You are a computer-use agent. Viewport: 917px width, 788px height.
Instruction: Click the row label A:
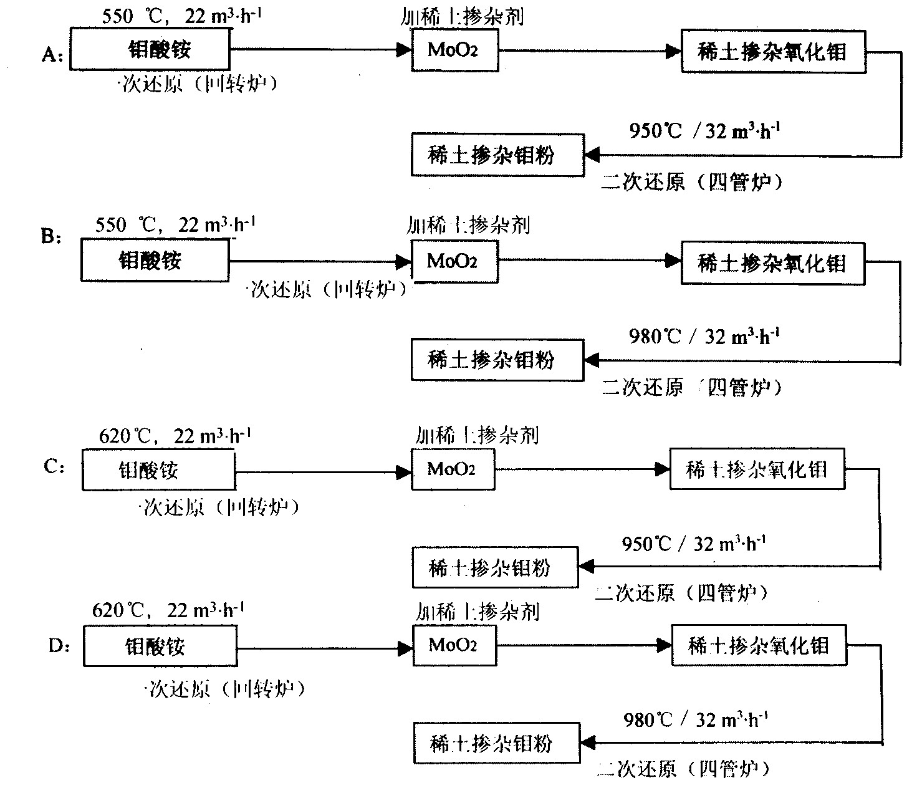click(52, 56)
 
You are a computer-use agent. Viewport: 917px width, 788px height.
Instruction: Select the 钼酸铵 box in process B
click(154, 260)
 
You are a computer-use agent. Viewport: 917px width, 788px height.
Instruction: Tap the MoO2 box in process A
click(454, 50)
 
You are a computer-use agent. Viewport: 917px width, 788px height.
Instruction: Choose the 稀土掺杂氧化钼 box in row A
click(773, 52)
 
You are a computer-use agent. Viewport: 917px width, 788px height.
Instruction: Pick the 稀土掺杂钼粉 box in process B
click(497, 360)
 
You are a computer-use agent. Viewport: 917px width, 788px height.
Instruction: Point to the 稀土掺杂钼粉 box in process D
click(497, 743)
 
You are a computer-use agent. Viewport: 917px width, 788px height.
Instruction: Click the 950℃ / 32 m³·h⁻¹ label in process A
click(704, 132)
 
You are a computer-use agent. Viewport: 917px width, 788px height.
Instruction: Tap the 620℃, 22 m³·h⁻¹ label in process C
click(175, 436)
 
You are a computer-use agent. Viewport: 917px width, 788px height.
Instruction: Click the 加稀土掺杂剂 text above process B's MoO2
click(468, 224)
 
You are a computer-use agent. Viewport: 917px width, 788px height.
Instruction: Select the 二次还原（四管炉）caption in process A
click(692, 182)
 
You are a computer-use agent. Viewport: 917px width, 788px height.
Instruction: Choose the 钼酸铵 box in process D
click(160, 646)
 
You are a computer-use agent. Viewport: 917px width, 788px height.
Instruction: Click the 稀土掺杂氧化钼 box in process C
click(757, 469)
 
